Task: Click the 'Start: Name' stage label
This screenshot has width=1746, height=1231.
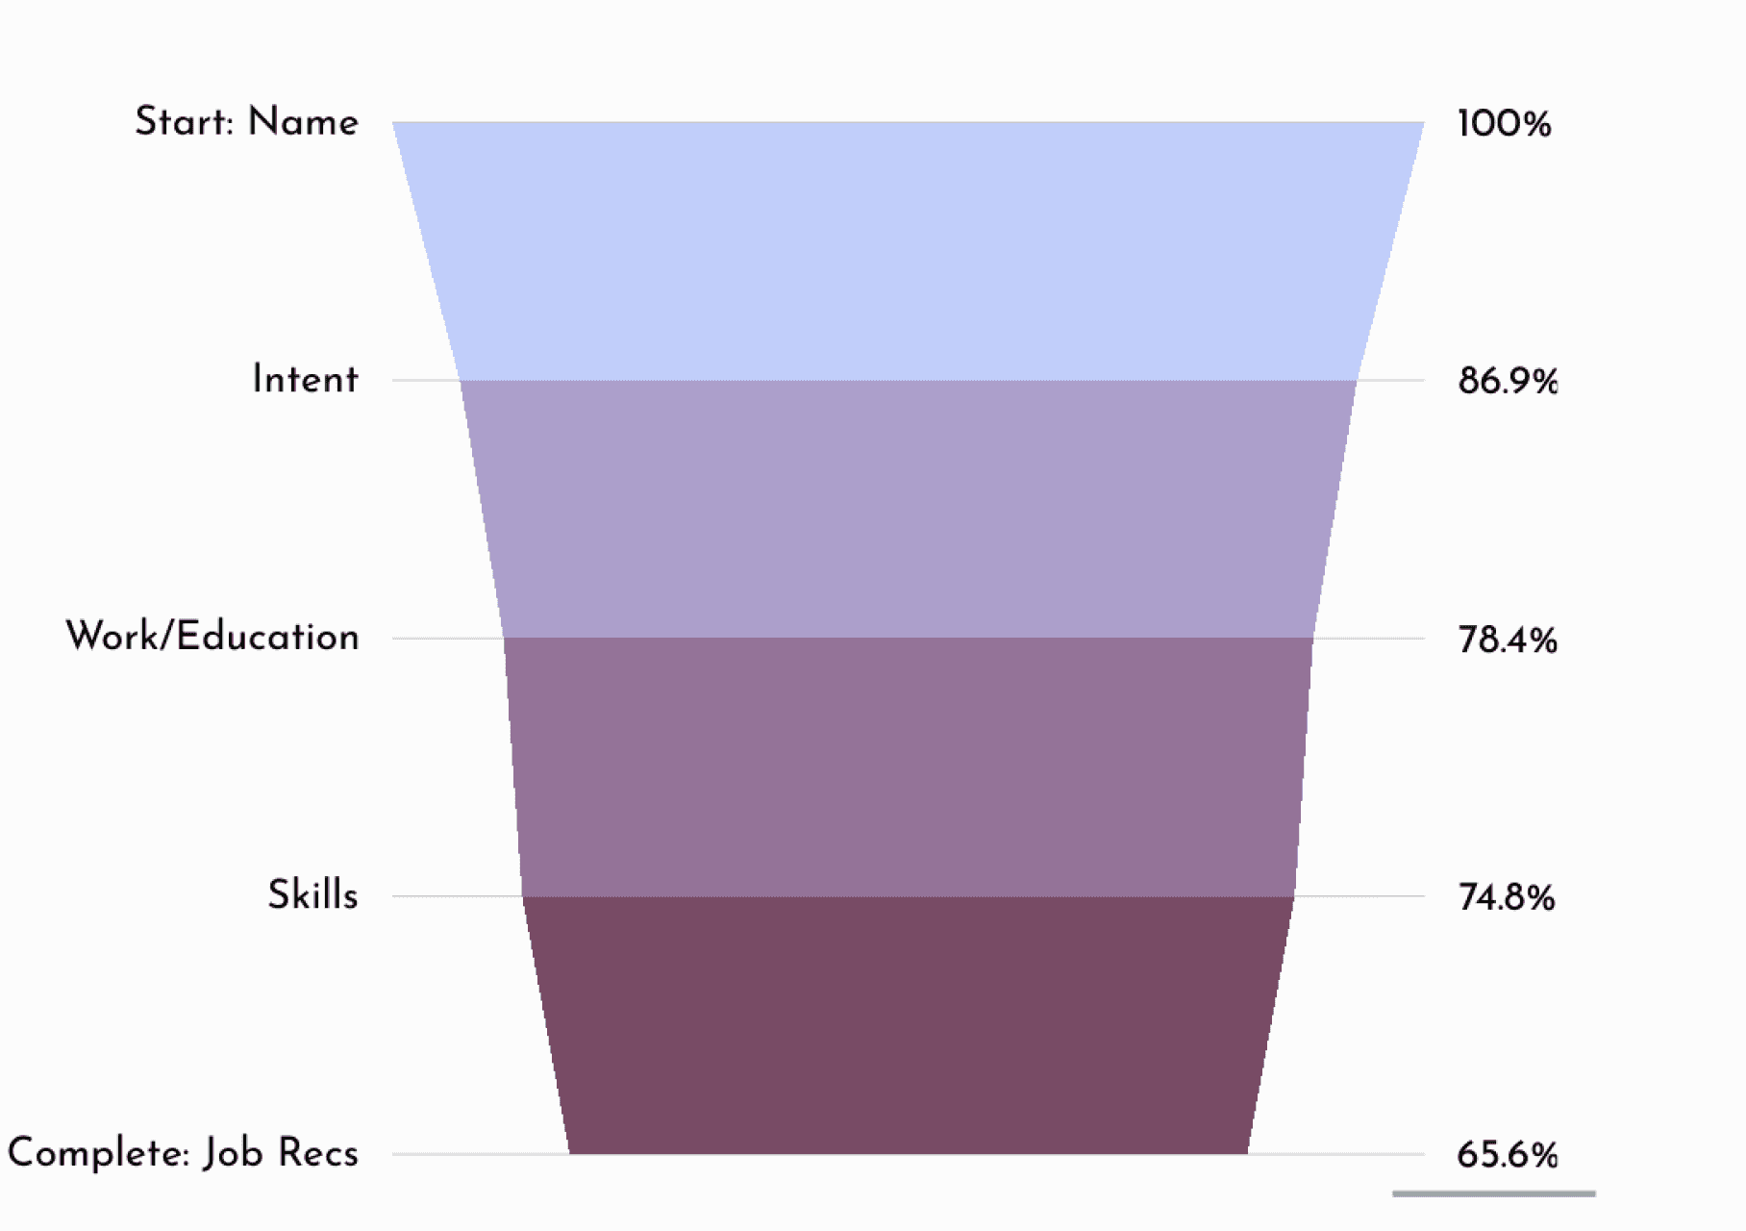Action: click(x=246, y=122)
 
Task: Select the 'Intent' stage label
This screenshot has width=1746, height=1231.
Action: click(x=305, y=380)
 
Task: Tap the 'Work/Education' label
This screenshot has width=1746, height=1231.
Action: click(x=212, y=637)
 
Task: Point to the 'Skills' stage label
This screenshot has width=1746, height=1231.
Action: click(x=312, y=895)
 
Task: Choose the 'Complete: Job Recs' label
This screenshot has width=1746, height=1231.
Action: click(x=183, y=1152)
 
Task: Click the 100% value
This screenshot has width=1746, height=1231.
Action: click(x=1504, y=124)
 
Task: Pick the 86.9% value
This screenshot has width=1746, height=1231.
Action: click(x=1507, y=382)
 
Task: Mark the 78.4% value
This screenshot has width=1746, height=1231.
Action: click(x=1507, y=640)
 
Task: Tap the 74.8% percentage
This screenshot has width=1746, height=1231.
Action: click(x=1506, y=897)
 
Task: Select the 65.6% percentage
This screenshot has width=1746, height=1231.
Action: click(x=1507, y=1154)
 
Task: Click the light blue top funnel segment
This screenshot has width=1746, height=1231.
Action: click(x=908, y=250)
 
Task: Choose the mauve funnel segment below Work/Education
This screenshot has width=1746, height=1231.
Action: click(x=908, y=766)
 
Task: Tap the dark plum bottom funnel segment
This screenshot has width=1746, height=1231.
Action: click(x=908, y=1024)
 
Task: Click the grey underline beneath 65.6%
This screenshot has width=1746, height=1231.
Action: click(x=1493, y=1193)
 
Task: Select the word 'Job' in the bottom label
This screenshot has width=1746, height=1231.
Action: click(x=233, y=1152)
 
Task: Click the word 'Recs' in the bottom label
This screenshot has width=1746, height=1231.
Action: click(x=318, y=1152)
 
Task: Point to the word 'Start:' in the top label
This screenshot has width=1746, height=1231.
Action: click(x=184, y=122)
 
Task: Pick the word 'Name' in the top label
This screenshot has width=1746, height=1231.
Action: click(x=303, y=122)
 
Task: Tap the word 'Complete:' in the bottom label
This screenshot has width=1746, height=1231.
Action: click(x=98, y=1152)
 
